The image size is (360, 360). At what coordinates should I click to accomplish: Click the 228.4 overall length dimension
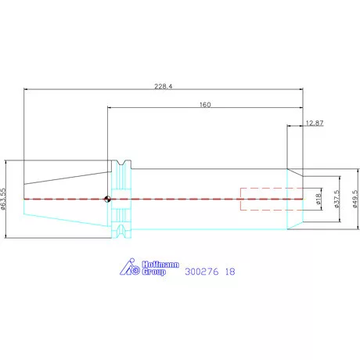[164, 86]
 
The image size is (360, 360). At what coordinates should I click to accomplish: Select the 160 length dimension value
[205, 105]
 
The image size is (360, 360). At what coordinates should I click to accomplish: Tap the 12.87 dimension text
[315, 123]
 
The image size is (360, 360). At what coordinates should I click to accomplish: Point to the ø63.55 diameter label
[3, 199]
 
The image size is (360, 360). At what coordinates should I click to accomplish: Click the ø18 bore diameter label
[318, 199]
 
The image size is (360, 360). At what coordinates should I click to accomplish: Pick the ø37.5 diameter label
[337, 199]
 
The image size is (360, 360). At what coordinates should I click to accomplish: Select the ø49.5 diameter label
[355, 199]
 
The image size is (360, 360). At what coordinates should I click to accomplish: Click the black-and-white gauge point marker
[107, 199]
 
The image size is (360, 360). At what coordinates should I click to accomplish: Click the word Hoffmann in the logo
[160, 265]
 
